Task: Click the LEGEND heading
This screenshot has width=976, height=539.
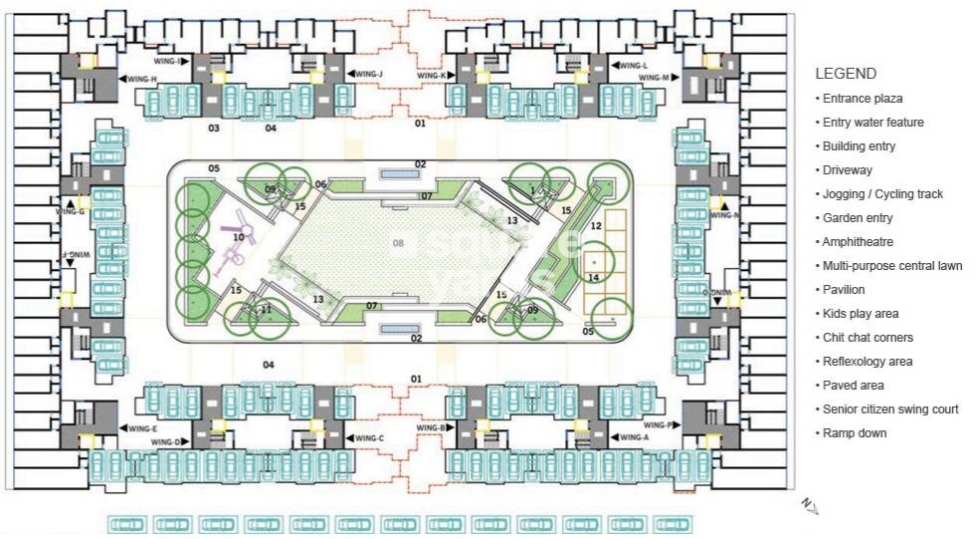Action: coord(846,74)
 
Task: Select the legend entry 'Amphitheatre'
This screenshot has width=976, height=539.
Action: coord(857,242)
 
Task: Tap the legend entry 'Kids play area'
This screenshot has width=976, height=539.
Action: coord(860,314)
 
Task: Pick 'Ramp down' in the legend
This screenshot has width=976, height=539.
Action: coord(854,433)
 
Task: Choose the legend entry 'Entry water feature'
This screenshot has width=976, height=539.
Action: coord(873,123)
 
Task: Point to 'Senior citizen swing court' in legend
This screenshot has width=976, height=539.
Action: coord(890,409)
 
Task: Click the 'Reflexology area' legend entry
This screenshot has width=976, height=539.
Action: coord(868,362)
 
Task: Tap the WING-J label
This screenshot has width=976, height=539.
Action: coord(368,74)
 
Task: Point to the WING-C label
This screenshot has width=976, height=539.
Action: coord(368,439)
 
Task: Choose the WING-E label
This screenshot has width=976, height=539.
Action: coord(143,428)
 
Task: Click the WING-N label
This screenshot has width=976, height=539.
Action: coord(724,215)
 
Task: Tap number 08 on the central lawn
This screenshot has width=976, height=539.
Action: coord(399,242)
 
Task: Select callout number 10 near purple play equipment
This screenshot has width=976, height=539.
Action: coord(238,237)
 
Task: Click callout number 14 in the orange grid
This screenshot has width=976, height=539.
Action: coord(593,277)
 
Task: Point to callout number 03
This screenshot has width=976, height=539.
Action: coord(213,129)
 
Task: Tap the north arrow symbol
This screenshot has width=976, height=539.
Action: coord(809,507)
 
